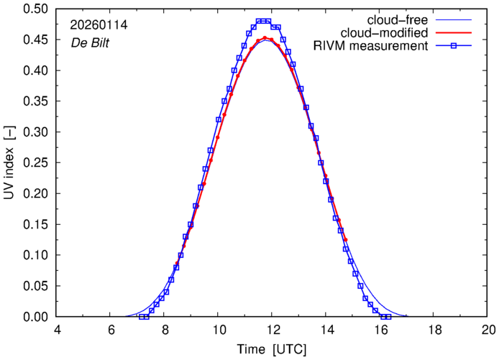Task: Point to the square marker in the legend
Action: click(455, 47)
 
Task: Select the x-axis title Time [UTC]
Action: click(273, 349)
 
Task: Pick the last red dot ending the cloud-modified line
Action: click(346, 239)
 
